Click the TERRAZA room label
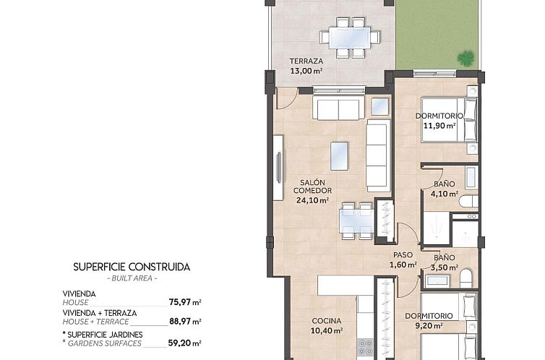[306, 61]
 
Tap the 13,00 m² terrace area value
[306, 71]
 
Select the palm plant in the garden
[466, 56]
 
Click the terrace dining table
[348, 35]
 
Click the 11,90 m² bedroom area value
[439, 125]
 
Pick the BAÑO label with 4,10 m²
[445, 184]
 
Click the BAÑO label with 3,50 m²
[445, 257]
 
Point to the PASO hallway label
[403, 254]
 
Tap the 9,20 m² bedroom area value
[439, 326]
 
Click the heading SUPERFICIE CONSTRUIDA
[132, 267]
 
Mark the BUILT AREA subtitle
[132, 278]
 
